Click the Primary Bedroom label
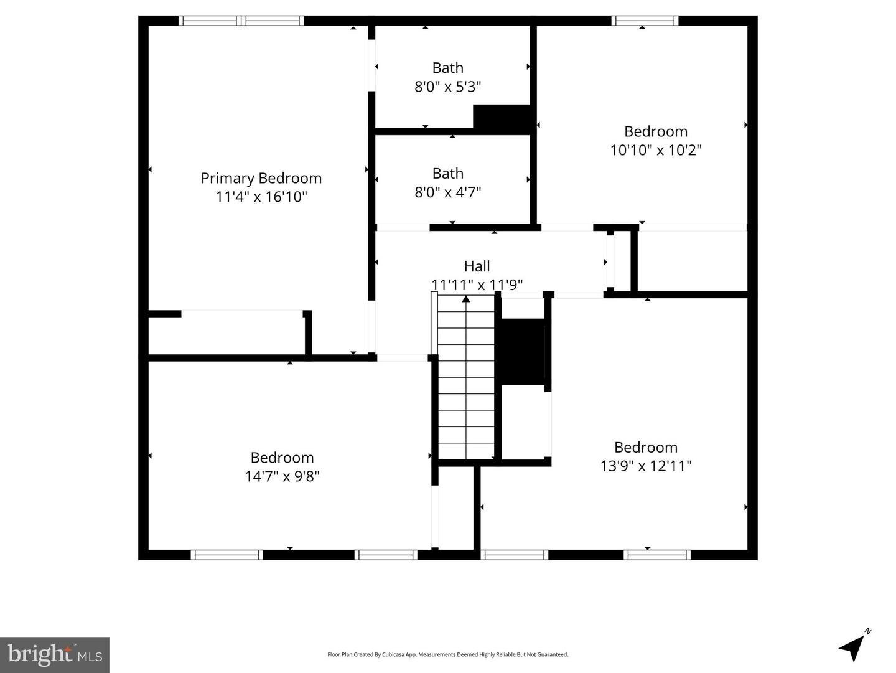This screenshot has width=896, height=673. (261, 178)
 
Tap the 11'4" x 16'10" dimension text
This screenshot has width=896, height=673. (261, 197)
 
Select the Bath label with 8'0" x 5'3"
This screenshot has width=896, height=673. (447, 68)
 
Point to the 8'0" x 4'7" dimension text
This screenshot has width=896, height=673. (447, 192)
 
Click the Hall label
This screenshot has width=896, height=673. (477, 266)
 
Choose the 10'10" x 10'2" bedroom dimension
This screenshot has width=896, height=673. (655, 150)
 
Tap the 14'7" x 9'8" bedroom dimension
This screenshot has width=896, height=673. (282, 476)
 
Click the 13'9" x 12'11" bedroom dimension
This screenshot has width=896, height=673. (645, 466)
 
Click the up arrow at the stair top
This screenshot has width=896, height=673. (465, 299)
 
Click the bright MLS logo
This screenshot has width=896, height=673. (55, 654)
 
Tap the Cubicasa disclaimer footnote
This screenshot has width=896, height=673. (447, 654)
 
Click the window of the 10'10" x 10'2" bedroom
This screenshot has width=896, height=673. (645, 21)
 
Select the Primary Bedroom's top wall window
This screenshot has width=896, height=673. (241, 21)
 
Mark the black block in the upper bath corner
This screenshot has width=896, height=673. (502, 118)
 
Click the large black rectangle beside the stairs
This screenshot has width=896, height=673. (523, 352)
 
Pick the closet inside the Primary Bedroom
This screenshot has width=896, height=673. (227, 333)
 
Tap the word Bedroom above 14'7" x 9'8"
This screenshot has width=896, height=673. (282, 458)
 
